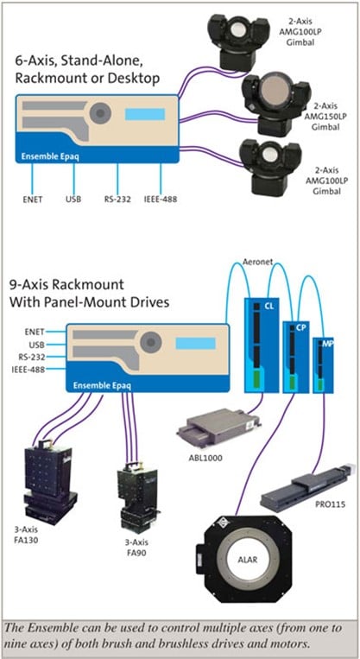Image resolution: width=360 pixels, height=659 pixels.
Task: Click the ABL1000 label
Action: coord(205,458)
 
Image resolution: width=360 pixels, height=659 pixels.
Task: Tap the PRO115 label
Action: coord(331,504)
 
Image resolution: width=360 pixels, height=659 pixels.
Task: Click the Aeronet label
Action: coord(257,262)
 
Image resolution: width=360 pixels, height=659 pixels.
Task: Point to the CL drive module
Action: coord(262,345)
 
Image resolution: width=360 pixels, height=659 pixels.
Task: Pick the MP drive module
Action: coord(323,365)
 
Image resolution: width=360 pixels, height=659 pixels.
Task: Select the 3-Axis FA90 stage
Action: coord(137,498)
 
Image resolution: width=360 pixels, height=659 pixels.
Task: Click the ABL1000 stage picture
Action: coord(219,428)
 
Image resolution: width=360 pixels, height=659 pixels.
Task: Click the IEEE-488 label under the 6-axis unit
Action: coord(161,200)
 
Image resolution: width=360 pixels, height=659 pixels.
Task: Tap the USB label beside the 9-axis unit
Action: coord(37,345)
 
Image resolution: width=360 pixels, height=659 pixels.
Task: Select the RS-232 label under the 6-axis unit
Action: coord(117,200)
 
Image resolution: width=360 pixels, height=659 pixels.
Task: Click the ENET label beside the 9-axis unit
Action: coord(35,332)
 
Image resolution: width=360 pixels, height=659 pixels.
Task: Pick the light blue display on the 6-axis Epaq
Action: coord(145,114)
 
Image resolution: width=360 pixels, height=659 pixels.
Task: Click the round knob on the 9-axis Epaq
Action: coord(151,343)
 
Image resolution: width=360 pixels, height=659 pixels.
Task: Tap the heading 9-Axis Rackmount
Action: coord(66,284)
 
